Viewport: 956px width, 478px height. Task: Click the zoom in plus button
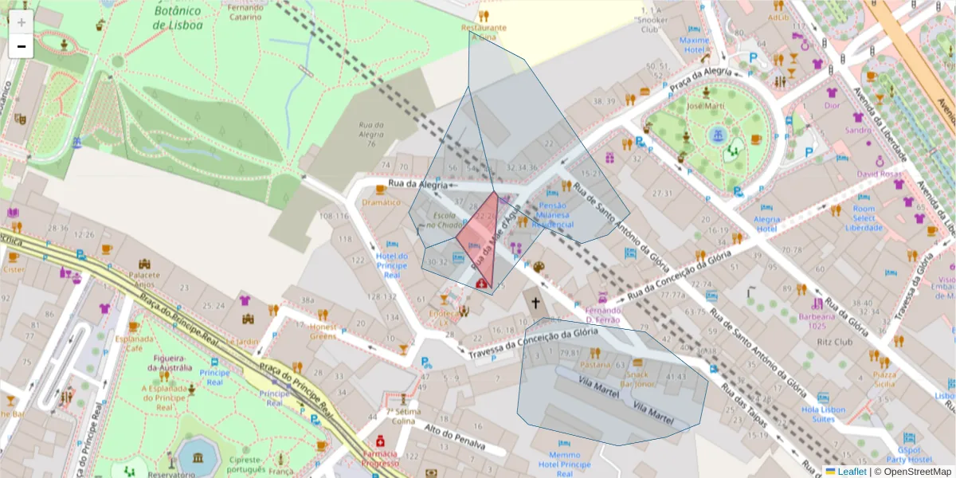[22, 22]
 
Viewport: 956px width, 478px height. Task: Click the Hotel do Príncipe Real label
[391, 265]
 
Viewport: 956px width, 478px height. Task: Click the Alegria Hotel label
[766, 224]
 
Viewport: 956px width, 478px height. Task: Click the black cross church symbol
[535, 303]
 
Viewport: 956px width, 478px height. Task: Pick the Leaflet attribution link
[851, 471]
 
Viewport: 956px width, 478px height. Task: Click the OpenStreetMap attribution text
[915, 471]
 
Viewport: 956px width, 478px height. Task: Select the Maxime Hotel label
[695, 45]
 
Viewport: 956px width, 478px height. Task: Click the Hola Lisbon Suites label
[823, 414]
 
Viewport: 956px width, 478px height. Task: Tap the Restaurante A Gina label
[484, 32]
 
